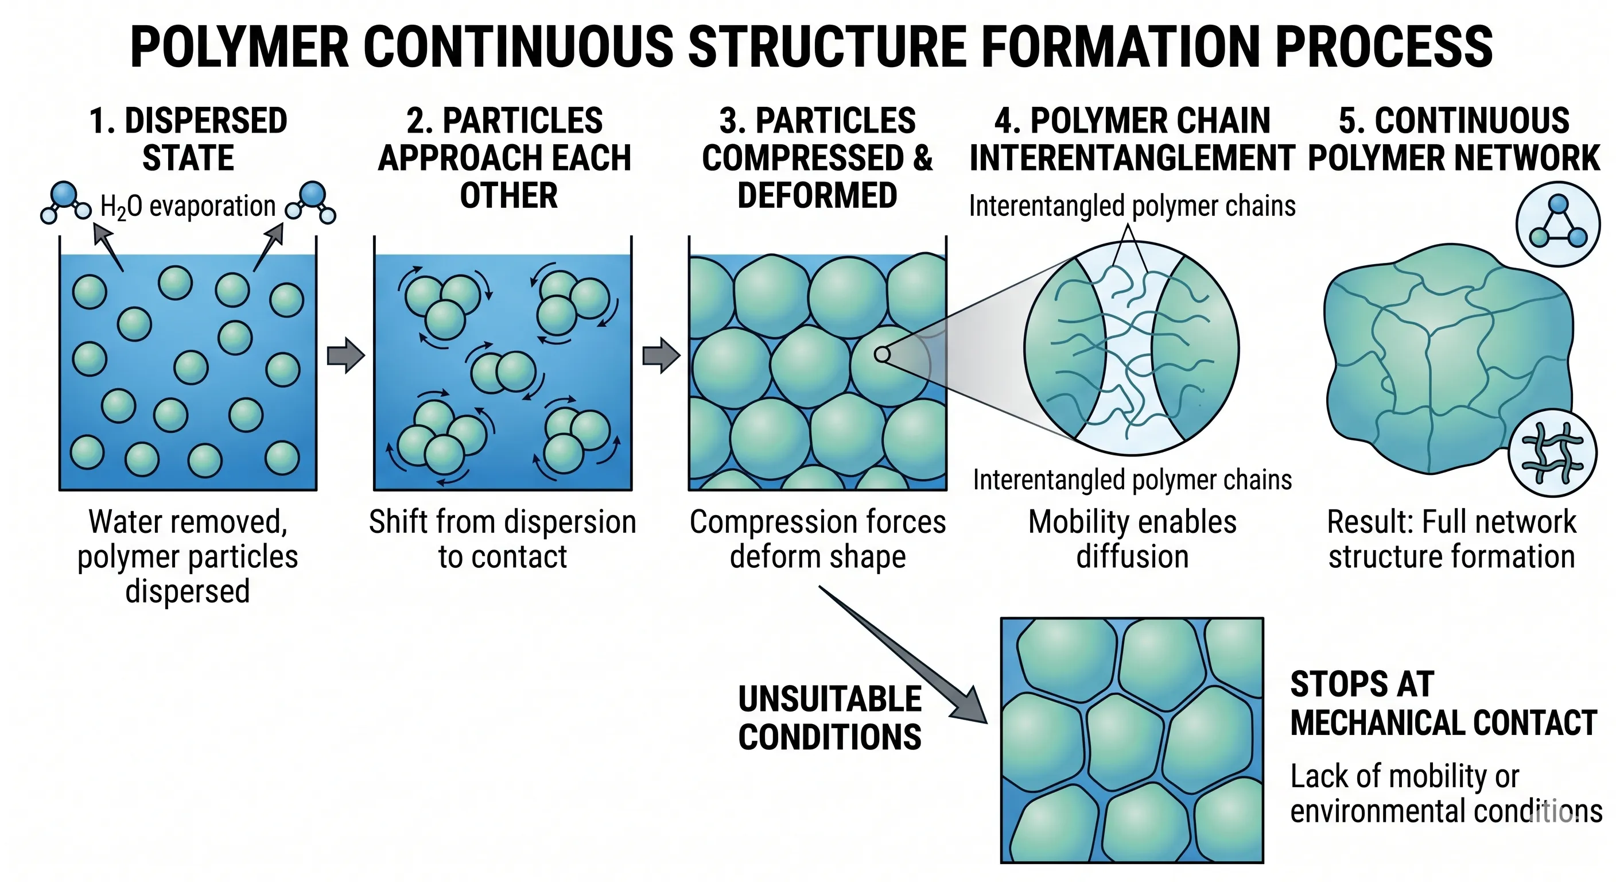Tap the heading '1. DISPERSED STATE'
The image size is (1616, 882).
pyautogui.click(x=188, y=139)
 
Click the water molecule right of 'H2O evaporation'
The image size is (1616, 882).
pyautogui.click(x=312, y=203)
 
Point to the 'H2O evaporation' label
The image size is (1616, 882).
pyautogui.click(x=188, y=207)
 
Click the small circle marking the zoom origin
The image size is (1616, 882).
pyautogui.click(x=882, y=354)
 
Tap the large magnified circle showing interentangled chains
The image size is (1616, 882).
pyautogui.click(x=1132, y=349)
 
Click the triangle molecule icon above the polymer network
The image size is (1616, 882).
pyautogui.click(x=1557, y=223)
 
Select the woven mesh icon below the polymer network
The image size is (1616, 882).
pyautogui.click(x=1552, y=452)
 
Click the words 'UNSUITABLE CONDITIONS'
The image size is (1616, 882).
pyautogui.click(x=829, y=718)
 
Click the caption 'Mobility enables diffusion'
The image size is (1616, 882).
pyautogui.click(x=1132, y=539)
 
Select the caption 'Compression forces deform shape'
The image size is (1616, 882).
pyautogui.click(x=817, y=539)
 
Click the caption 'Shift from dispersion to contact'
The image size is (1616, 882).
pyautogui.click(x=503, y=539)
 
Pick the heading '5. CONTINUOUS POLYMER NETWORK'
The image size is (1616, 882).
pyautogui.click(x=1454, y=139)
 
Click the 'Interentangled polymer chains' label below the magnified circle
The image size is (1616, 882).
pyautogui.click(x=1132, y=480)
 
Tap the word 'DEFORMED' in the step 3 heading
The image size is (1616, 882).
pyautogui.click(x=817, y=195)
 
